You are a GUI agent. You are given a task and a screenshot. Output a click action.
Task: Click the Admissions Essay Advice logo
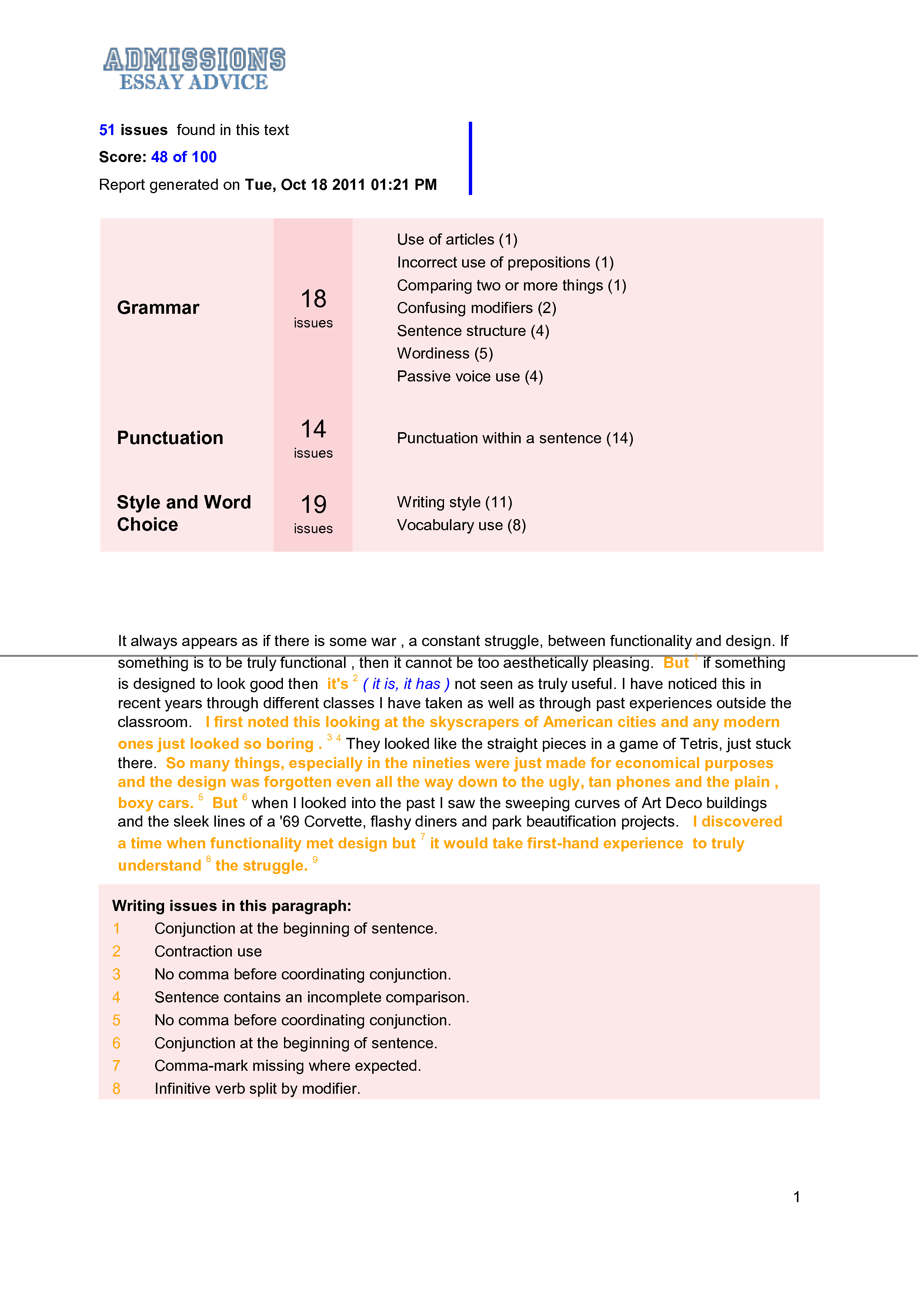click(194, 69)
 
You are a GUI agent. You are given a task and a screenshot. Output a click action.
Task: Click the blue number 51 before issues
click(107, 130)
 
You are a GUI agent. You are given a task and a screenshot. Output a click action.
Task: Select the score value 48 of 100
click(184, 157)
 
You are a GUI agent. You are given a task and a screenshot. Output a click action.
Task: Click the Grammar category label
click(158, 307)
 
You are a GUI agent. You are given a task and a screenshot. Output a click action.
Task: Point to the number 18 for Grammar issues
click(313, 299)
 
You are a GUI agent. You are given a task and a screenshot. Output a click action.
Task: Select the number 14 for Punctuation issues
click(313, 429)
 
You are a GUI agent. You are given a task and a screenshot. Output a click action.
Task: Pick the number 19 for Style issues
click(313, 504)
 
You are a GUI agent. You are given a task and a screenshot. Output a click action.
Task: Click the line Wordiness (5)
click(445, 353)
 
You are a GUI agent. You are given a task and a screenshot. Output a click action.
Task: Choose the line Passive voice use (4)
click(470, 377)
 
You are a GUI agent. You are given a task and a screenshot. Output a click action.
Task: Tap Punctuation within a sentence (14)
click(515, 438)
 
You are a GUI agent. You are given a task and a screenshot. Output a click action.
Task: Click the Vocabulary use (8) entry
click(461, 525)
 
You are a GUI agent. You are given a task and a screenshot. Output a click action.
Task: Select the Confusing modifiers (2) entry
click(476, 308)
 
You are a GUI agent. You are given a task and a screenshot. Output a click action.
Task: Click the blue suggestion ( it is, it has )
click(406, 684)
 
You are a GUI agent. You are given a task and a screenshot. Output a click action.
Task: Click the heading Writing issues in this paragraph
click(231, 906)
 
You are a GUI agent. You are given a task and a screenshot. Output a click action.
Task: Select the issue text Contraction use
click(208, 951)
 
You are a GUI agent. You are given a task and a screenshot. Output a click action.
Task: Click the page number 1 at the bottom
click(797, 1197)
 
